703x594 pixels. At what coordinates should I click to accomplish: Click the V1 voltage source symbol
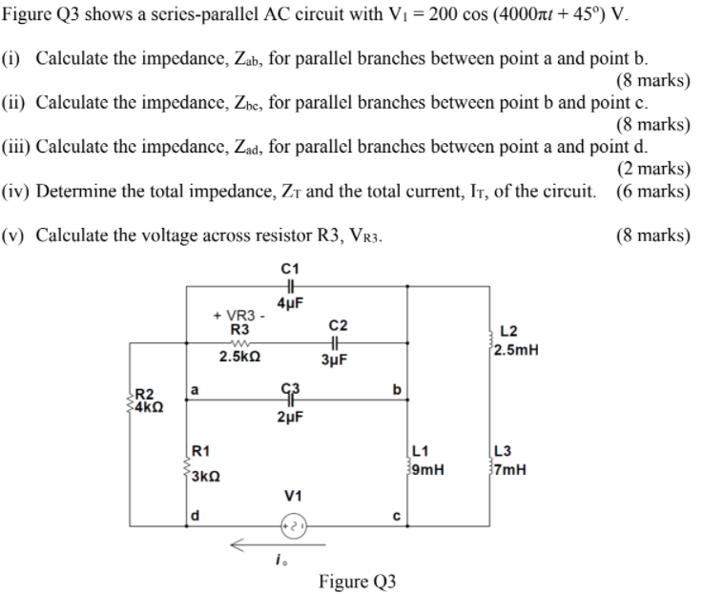[293, 524]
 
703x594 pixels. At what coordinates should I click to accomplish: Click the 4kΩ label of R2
[150, 404]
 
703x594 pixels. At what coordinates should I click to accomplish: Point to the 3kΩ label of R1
[206, 477]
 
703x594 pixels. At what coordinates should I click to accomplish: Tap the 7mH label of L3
[509, 469]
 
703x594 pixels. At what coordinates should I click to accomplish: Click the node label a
[195, 389]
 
